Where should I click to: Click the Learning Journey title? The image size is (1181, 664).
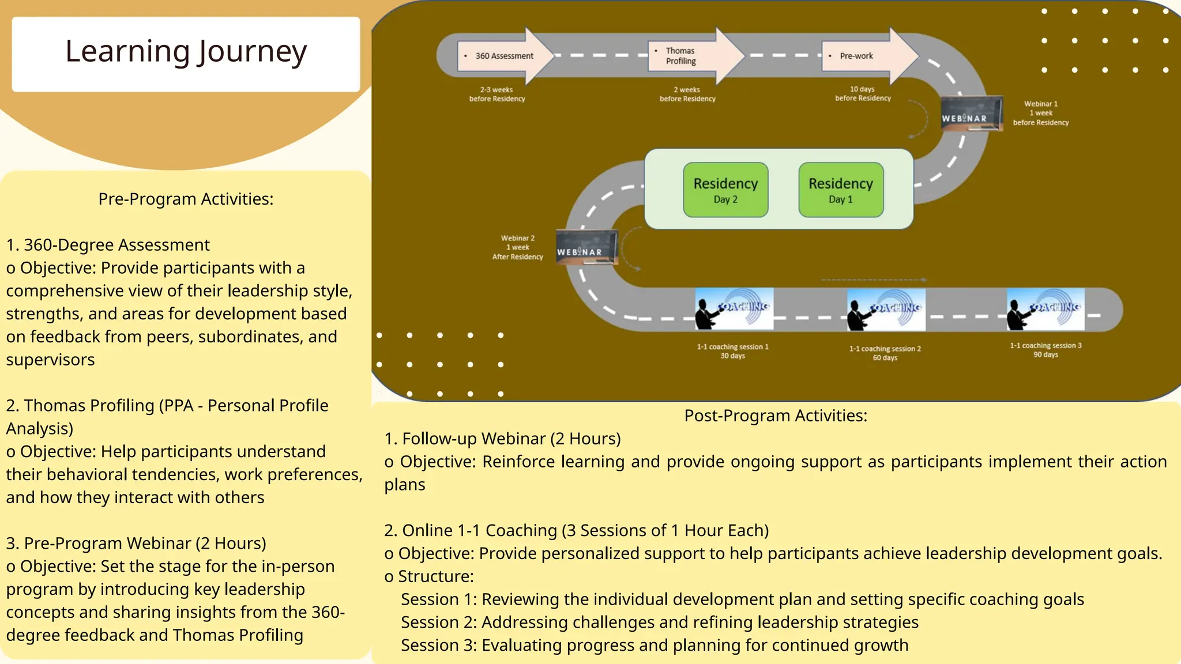[x=186, y=52]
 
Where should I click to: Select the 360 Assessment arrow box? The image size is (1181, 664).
[x=502, y=56]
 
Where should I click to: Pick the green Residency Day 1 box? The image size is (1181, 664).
[x=841, y=190]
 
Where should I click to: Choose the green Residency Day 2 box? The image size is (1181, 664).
[x=725, y=190]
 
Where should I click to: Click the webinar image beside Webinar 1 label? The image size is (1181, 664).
[x=971, y=114]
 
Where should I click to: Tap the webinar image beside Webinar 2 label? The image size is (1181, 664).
[x=586, y=247]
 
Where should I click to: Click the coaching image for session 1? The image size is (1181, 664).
[x=734, y=309]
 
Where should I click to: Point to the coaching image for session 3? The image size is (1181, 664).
[x=1045, y=309]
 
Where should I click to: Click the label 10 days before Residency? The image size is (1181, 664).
[x=863, y=93]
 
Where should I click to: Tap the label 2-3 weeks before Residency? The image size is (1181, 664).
[x=497, y=94]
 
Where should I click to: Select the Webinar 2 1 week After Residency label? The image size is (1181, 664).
[x=517, y=247]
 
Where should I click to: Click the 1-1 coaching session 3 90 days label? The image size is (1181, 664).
[x=1045, y=350]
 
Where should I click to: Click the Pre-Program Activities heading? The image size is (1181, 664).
[x=186, y=199]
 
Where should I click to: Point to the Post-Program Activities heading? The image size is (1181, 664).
[x=776, y=416]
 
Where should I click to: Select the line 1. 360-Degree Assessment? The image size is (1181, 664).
[x=108, y=245]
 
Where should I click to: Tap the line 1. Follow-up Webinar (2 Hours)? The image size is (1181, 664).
[x=502, y=439]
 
